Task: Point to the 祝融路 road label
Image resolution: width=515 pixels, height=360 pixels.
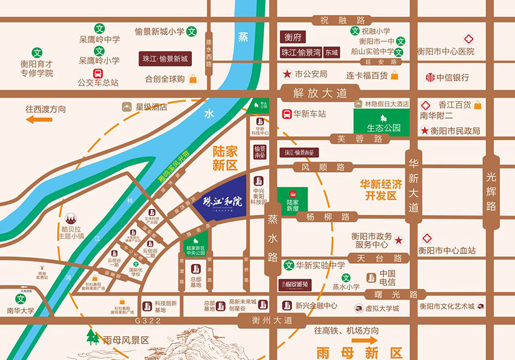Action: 338,19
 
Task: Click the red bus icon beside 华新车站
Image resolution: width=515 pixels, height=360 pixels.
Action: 287,113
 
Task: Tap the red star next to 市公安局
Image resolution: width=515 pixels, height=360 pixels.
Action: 287,74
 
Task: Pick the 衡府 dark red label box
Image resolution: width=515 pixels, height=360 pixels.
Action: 293,37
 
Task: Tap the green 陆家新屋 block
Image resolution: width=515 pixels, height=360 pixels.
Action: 293,199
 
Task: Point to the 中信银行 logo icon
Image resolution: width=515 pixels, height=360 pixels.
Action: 430,78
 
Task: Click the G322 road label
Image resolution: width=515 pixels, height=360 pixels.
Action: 148,320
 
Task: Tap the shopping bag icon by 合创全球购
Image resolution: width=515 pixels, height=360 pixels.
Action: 193,79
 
